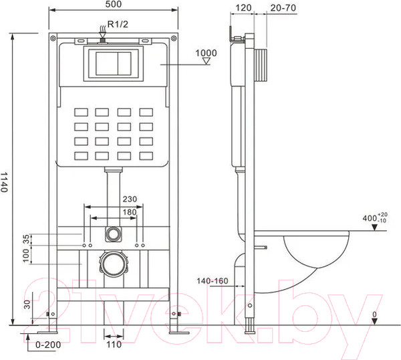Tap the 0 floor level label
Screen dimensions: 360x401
click(x=374, y=314)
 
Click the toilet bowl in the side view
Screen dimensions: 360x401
click(x=314, y=258)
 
